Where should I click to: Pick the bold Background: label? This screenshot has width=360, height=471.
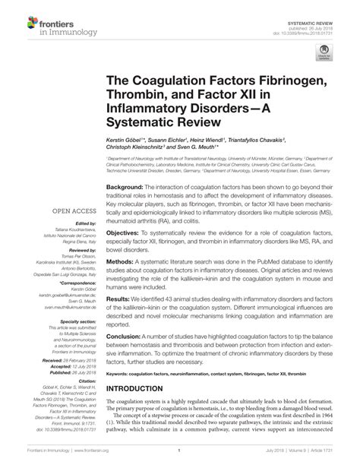click(x=125, y=188)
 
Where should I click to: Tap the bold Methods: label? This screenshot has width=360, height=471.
click(x=122, y=261)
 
